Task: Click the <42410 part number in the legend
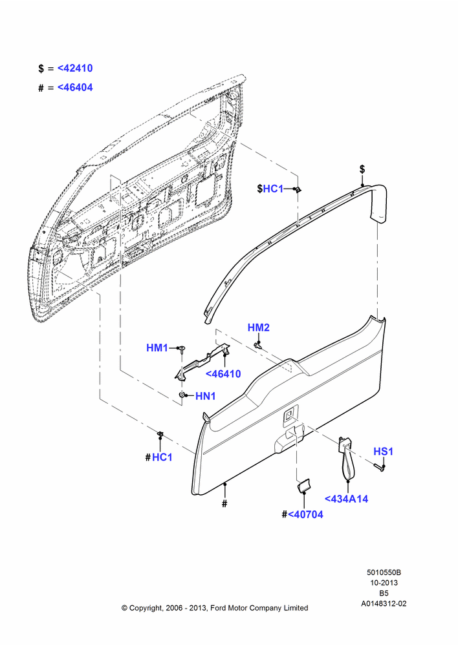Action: [75, 68]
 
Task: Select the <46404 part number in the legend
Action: [75, 87]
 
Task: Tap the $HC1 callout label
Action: [270, 189]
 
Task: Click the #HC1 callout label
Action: [159, 457]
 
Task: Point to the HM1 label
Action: [157, 348]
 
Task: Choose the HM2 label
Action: [259, 328]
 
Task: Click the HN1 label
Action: [206, 396]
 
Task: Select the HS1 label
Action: [384, 452]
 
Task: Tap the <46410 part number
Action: [223, 374]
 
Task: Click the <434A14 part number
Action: [346, 499]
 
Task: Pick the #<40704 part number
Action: [303, 515]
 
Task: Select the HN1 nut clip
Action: [182, 395]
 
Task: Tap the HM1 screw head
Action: [182, 349]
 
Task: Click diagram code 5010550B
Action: [384, 572]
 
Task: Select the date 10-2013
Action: [384, 583]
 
